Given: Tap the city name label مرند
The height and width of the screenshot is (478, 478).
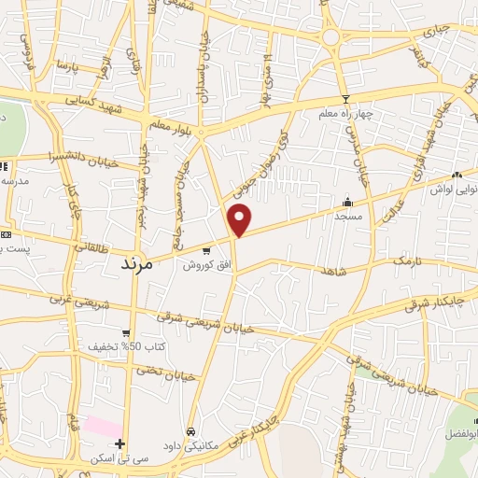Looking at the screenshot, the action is point(143,264).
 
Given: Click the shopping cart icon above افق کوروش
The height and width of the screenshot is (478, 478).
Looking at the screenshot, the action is point(206,250).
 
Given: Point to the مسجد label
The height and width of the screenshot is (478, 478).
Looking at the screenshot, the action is point(348,215).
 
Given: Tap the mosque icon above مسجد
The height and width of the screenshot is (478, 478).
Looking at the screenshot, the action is point(348,201).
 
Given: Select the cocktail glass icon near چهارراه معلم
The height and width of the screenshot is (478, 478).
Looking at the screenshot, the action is point(345,99).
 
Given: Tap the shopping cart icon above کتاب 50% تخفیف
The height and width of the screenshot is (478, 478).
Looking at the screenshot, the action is point(125,332).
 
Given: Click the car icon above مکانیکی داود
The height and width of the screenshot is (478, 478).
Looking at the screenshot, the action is point(191,432).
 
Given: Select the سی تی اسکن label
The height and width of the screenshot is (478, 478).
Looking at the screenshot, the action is point(119,458).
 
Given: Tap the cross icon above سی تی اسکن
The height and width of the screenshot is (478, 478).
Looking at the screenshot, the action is point(119,443).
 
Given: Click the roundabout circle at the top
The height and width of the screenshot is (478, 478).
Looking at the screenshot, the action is point(330,36).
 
